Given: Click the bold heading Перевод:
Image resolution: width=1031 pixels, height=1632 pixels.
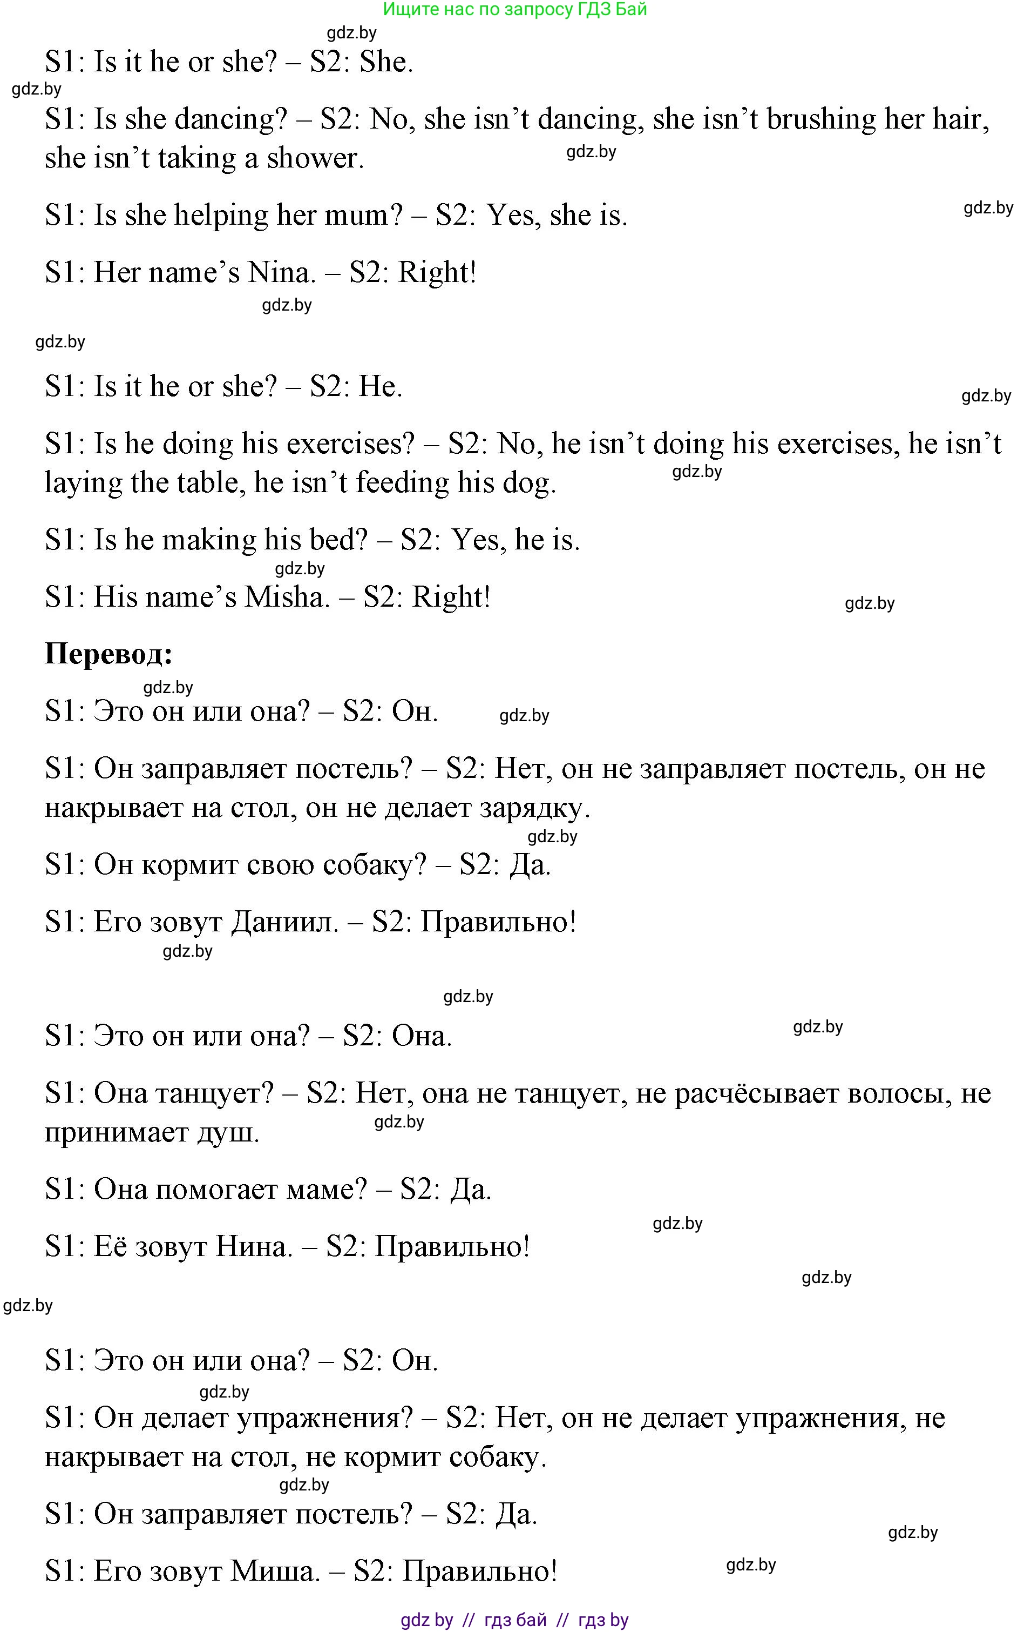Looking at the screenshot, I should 108,654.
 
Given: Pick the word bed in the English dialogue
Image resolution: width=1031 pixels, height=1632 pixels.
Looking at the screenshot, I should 338,540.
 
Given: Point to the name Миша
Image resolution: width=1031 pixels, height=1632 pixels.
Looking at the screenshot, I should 274,1571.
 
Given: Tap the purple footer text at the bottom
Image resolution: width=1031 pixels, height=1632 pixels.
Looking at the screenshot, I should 515,1620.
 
